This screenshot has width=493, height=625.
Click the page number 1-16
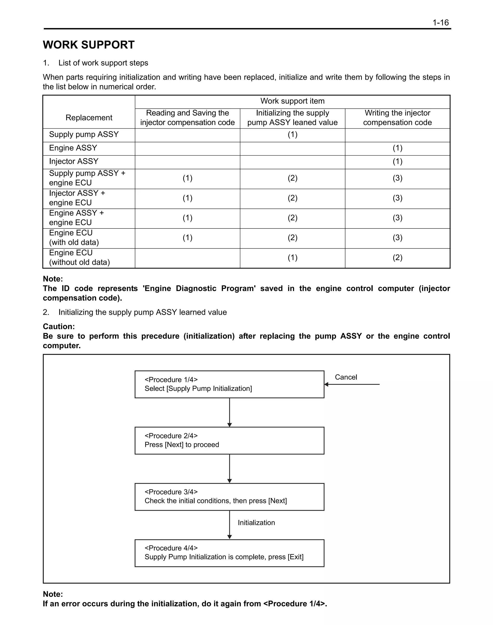pyautogui.click(x=441, y=23)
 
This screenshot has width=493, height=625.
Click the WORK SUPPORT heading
pyautogui.click(x=89, y=45)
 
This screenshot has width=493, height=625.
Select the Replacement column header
pyautogui.click(x=89, y=117)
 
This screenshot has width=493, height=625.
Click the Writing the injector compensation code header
pyautogui.click(x=397, y=117)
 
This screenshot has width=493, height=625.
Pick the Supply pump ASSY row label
pyautogui.click(x=84, y=135)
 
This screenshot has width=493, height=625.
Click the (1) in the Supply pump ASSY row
pyautogui.click(x=292, y=135)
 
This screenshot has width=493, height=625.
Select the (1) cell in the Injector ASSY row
pyautogui.click(x=397, y=161)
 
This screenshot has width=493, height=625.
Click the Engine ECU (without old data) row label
pyautogui.click(x=79, y=258)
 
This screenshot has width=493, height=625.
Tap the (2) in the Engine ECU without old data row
pyautogui.click(x=397, y=258)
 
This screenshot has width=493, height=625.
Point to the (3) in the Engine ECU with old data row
pyautogui.click(x=397, y=238)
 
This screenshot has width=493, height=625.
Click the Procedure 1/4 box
pyautogui.click(x=229, y=384)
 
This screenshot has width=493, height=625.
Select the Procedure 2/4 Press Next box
pyautogui.click(x=229, y=441)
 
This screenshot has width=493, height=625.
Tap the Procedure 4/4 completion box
pyautogui.click(x=229, y=553)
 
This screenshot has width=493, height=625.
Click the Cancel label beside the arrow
pyautogui.click(x=346, y=377)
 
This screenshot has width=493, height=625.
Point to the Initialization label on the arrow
pyautogui.click(x=256, y=522)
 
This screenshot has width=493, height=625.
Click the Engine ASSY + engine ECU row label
pyautogui.click(x=77, y=218)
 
